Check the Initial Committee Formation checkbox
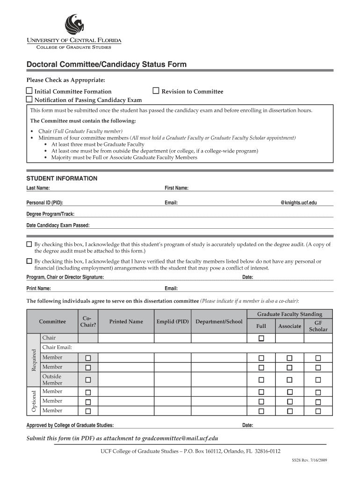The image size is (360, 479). pos(29,91)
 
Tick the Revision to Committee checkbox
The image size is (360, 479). pos(156,91)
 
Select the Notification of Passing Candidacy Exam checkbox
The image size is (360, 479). pos(29,99)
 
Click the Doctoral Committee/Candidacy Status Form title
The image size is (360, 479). pos(106,65)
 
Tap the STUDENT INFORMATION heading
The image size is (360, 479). pos(62,179)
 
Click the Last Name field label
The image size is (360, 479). pos(38,188)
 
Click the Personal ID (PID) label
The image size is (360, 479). pos(44,203)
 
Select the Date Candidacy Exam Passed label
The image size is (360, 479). pos(58,225)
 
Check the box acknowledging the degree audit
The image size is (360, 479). pos(29,244)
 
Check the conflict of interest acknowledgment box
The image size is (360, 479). pos(29,261)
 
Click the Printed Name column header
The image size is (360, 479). pos(126,322)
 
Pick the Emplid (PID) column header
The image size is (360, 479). pos(173,322)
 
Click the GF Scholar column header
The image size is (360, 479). pos(318,326)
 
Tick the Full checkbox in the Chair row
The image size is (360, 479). pos(261,338)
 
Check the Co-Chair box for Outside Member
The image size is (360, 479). pos(88,380)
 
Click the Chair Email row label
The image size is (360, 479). pos(57,348)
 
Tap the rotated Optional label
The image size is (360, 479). pos(34,401)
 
